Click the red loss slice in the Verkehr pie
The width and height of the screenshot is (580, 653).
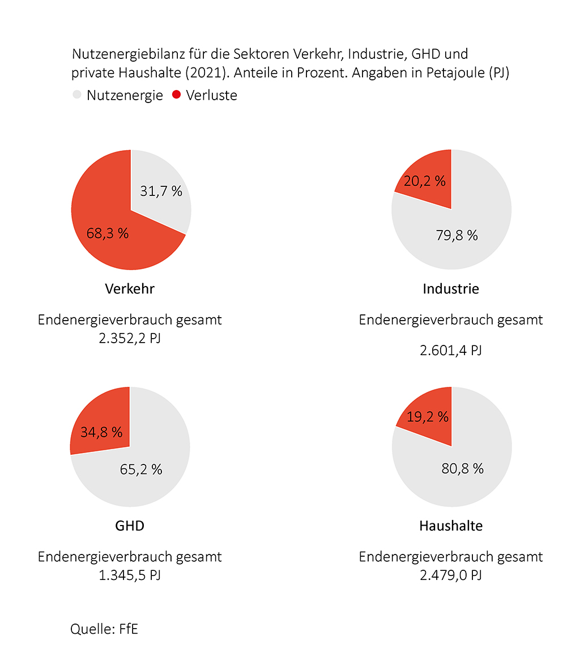click(x=108, y=232)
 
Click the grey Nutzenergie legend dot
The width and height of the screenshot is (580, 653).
click(x=77, y=95)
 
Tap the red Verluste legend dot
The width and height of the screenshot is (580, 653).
click(x=176, y=95)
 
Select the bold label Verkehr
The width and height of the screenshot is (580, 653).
click(x=130, y=289)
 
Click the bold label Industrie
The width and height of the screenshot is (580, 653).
click(x=451, y=289)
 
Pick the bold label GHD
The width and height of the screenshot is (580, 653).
click(x=130, y=526)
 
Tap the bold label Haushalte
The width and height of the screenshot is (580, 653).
click(x=451, y=526)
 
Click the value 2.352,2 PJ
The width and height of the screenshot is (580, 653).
click(x=130, y=340)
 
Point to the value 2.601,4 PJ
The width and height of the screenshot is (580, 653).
click(x=451, y=351)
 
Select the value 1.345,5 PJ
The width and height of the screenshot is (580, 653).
click(x=130, y=576)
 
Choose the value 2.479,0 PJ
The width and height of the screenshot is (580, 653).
click(x=451, y=576)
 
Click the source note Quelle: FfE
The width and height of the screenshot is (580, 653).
click(x=104, y=629)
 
